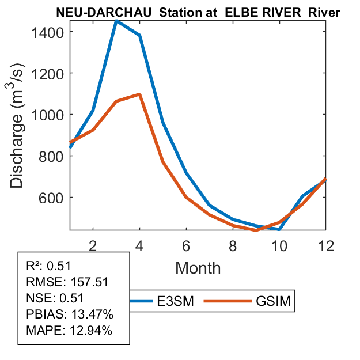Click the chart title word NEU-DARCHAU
[93, 12]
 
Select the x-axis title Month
[198, 267]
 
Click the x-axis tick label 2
[93, 245]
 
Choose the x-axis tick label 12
[326, 245]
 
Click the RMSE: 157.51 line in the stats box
[67, 282]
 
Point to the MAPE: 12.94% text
[69, 331]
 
